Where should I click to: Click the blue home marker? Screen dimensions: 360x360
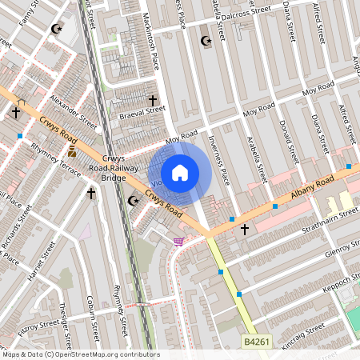(x=180, y=173)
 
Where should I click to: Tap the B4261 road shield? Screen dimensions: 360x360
(x=254, y=342)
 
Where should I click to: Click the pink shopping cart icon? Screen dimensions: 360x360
(x=178, y=241)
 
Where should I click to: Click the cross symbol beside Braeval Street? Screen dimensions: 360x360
(x=153, y=101)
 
